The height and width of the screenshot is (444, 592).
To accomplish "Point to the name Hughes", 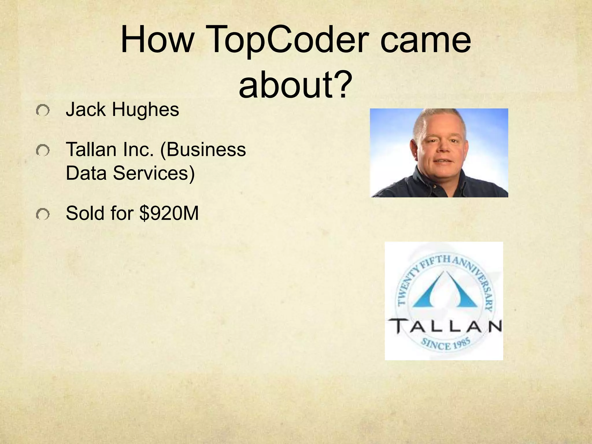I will click(x=145, y=110).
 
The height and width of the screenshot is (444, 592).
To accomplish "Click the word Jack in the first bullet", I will click(x=86, y=110).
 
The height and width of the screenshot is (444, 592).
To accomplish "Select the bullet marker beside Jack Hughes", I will click(x=43, y=110).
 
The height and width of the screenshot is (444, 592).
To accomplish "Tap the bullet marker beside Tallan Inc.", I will click(x=43, y=151).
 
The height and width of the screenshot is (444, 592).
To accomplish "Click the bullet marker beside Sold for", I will click(x=43, y=214).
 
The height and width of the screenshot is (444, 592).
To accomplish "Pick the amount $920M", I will click(x=169, y=214).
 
